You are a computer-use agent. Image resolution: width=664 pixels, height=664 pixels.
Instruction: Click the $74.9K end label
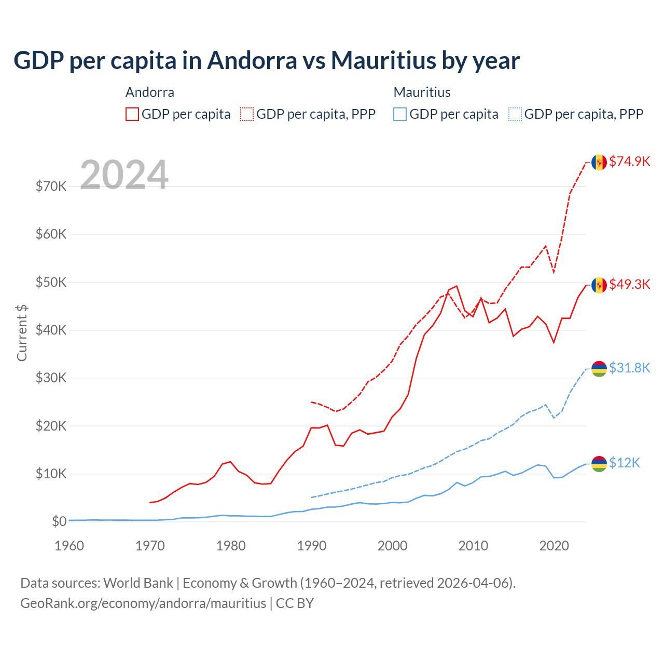point(629,161)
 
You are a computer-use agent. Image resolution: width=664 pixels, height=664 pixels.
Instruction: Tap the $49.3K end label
point(629,284)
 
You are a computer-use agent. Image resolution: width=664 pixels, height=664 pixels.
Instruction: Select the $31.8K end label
point(629,368)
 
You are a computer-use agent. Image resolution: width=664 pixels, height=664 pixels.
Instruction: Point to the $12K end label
point(625,463)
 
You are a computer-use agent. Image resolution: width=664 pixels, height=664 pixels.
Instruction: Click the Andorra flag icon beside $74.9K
point(599,162)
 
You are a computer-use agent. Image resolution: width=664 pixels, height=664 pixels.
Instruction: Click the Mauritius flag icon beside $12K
point(599,464)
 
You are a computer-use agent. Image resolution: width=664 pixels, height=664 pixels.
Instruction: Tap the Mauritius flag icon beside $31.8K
point(599,369)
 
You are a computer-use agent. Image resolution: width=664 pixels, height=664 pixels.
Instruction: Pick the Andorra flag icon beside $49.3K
point(599,285)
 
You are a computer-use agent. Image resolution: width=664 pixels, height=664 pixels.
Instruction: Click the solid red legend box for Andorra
point(132,114)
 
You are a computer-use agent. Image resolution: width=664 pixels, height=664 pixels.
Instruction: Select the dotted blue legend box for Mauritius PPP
point(515,114)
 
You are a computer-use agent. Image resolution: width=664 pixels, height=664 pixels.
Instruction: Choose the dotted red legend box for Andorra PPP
point(247,114)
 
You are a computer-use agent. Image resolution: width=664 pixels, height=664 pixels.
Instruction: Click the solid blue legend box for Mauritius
point(400,114)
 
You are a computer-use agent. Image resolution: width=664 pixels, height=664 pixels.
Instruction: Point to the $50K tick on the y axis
point(51,282)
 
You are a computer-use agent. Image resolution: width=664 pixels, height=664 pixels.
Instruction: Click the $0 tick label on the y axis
point(59,521)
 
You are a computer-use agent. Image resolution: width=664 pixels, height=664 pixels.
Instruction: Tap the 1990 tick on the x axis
point(312,546)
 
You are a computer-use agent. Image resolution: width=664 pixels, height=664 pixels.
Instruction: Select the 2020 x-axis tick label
point(554,546)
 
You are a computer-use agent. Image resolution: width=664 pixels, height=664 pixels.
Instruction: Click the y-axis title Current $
point(22,333)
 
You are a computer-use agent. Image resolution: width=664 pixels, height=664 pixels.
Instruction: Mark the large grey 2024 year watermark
point(124,175)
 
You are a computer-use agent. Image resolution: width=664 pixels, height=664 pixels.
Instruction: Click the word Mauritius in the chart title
point(384,60)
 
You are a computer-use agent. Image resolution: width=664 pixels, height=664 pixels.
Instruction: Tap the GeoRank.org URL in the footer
point(143,603)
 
